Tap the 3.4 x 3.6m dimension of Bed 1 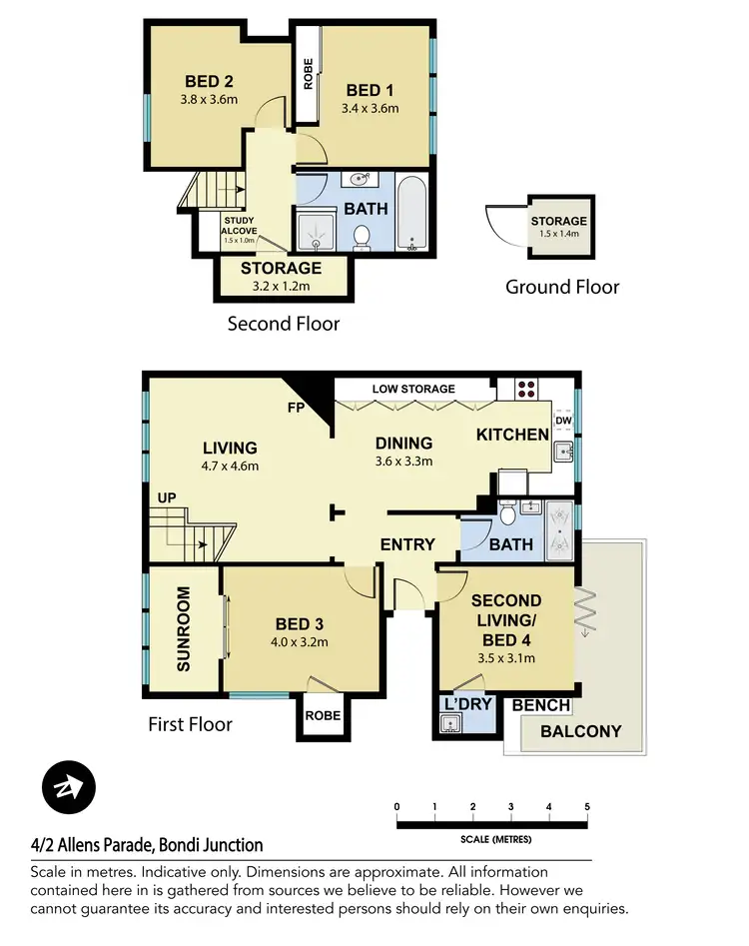coord(370,108)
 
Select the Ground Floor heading coord(562,287)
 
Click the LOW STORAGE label coord(413,389)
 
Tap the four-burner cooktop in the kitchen coord(525,389)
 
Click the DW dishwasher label coord(563,421)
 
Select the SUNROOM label coord(183,639)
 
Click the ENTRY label coord(407,544)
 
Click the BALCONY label coord(580,731)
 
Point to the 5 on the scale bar coord(587,806)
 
